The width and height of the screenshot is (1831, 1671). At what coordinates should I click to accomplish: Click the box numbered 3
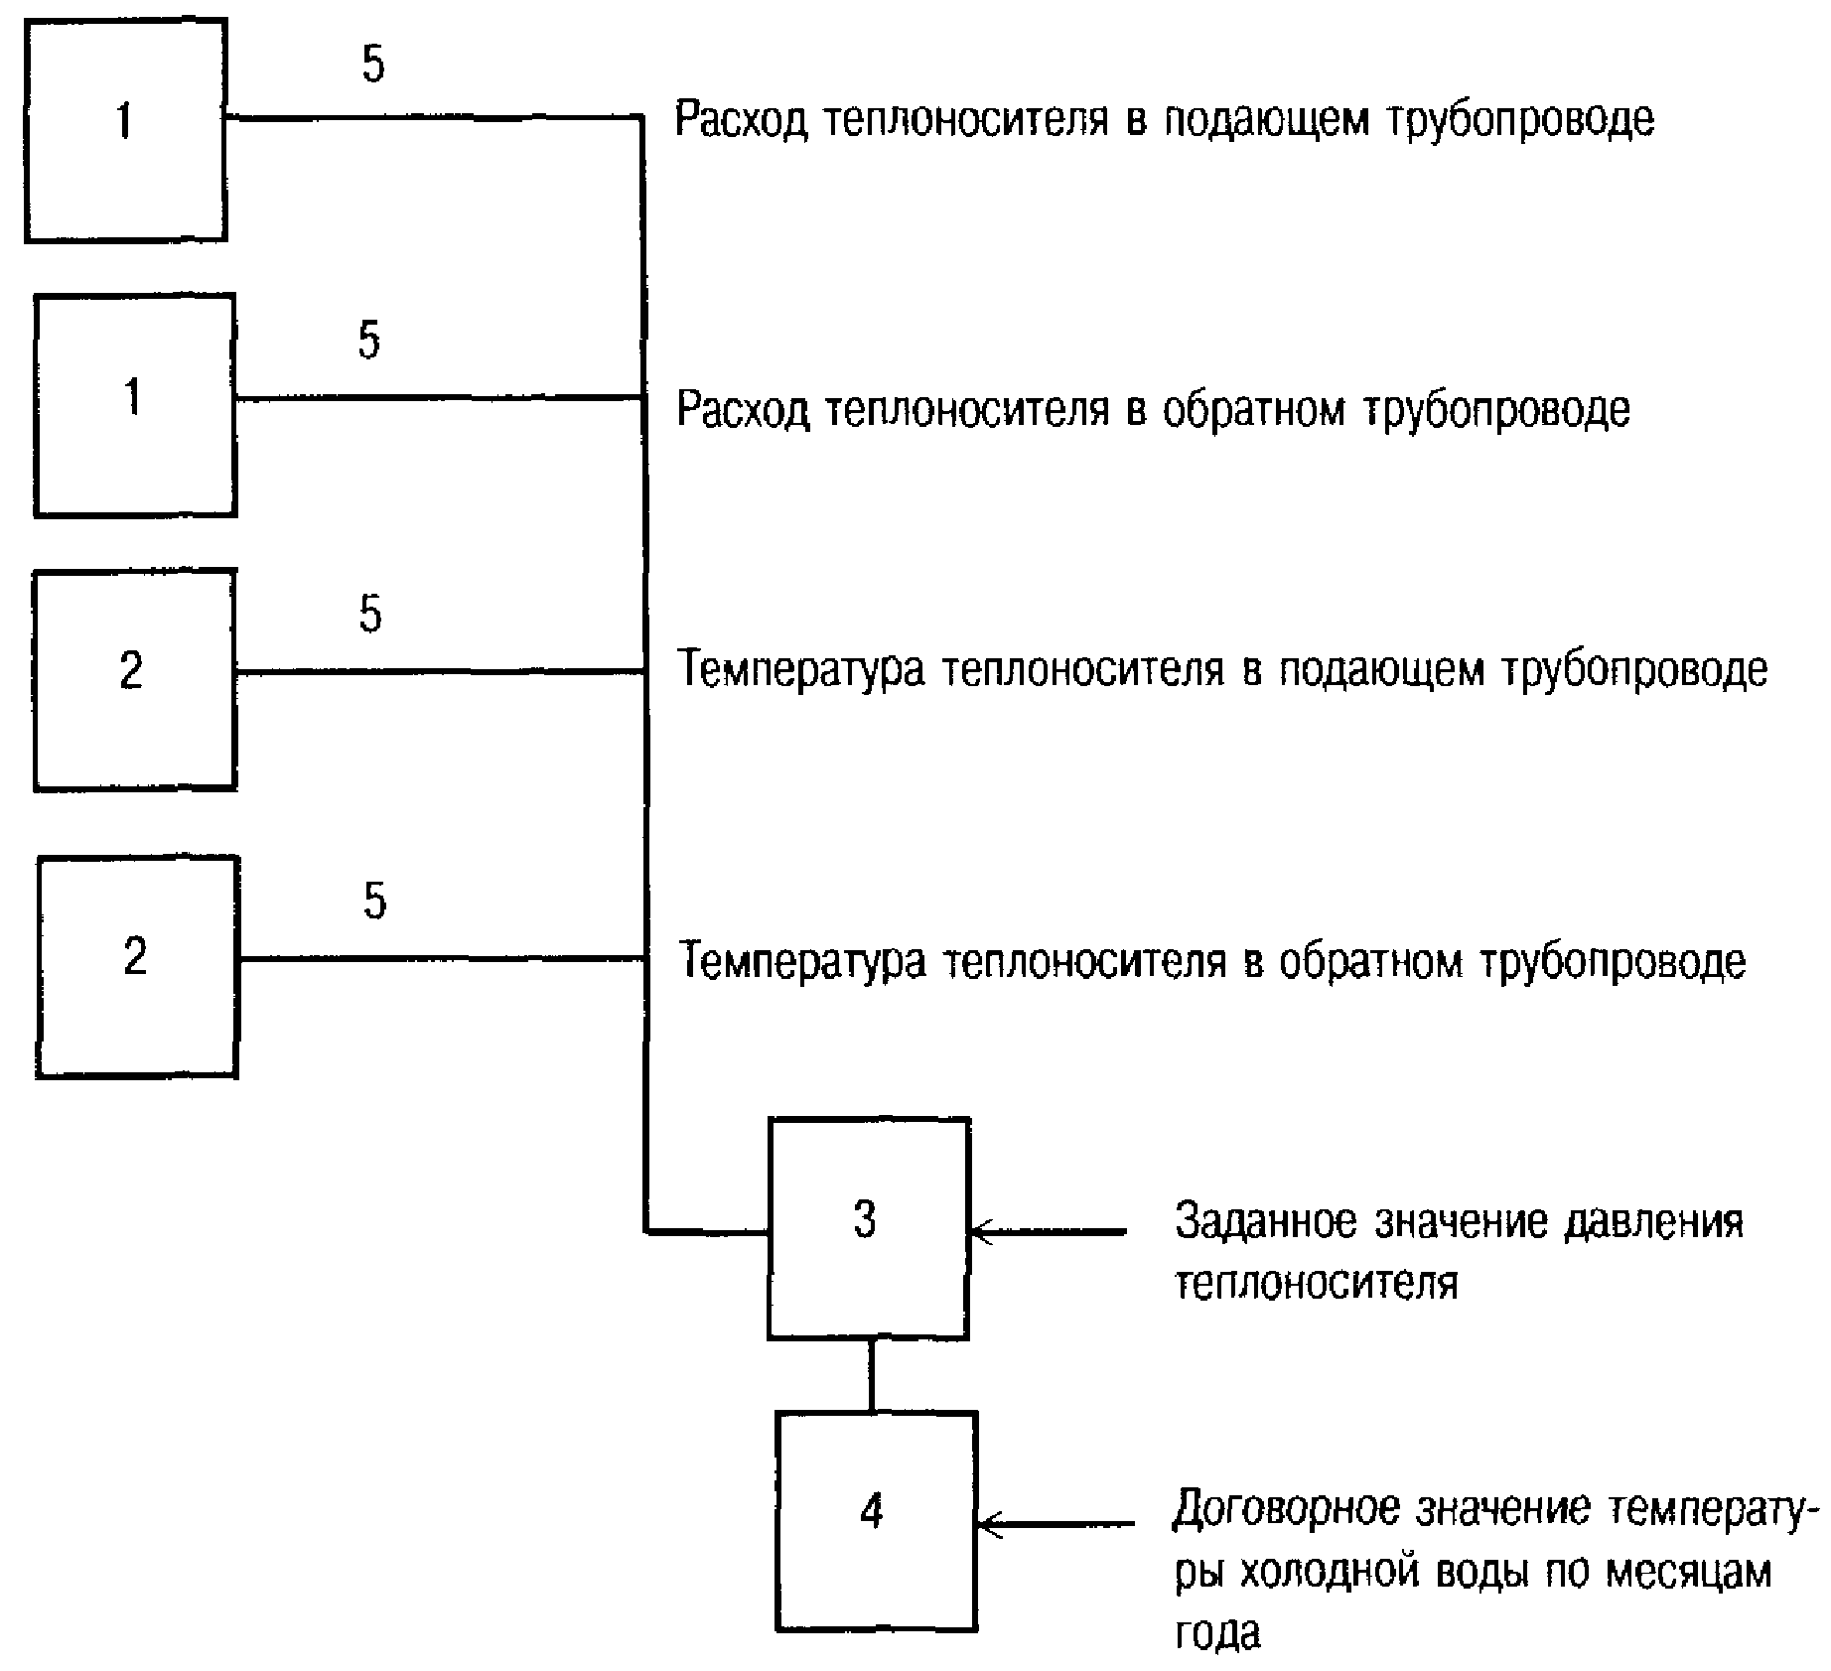[868, 1229]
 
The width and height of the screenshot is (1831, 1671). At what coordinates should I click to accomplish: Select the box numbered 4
[876, 1521]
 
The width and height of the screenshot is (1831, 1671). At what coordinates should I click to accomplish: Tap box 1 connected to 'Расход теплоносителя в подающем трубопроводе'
[126, 130]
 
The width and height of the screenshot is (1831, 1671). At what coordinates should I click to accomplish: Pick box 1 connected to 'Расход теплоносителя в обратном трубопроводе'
[135, 405]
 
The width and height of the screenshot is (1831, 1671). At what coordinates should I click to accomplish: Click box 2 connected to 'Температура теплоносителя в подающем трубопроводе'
[135, 680]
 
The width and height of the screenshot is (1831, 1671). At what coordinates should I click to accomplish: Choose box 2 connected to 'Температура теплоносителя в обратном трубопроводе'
[138, 966]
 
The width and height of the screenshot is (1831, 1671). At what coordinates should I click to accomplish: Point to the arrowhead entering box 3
[978, 1232]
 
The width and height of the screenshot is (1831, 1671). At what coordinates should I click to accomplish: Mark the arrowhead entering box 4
[986, 1524]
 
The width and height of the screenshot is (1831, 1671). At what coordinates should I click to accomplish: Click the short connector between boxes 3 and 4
[872, 1375]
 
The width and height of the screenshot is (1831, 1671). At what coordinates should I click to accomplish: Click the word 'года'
[1217, 1633]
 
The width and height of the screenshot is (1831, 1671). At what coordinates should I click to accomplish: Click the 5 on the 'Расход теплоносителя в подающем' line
[372, 65]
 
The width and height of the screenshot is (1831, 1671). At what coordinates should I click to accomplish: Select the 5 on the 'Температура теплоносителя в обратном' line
[373, 901]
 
